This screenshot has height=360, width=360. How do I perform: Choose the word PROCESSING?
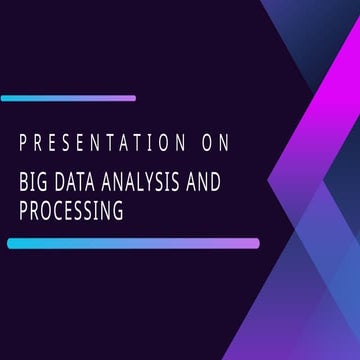coord(71,211)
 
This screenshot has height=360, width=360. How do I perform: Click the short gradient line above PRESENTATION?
coord(68,98)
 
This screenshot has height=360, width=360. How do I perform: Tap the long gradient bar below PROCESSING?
coord(133,243)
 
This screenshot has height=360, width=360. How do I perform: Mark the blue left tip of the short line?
coord(5,98)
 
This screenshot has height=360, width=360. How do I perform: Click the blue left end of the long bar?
coord(11,243)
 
